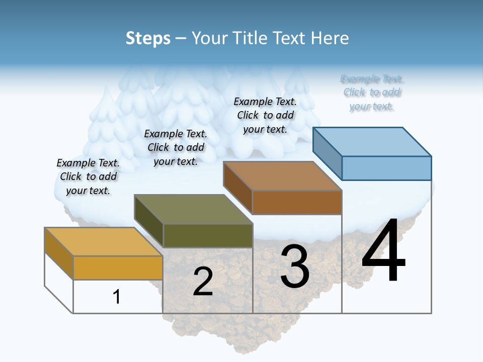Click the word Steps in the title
[x=148, y=38]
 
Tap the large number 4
[x=383, y=251]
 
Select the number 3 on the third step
[x=295, y=266]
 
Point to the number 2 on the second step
[x=203, y=282]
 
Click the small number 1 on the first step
[x=117, y=297]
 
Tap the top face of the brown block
[x=283, y=176]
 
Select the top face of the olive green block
[x=194, y=209]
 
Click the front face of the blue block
[x=386, y=168]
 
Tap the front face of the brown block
[x=297, y=202]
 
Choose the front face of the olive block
[x=208, y=235]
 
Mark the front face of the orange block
[x=118, y=267]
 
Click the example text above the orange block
[x=88, y=176]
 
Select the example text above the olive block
[x=176, y=147]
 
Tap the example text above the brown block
[x=265, y=115]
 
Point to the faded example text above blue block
[x=372, y=93]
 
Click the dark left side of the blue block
[x=327, y=153]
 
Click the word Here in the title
[x=331, y=38]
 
